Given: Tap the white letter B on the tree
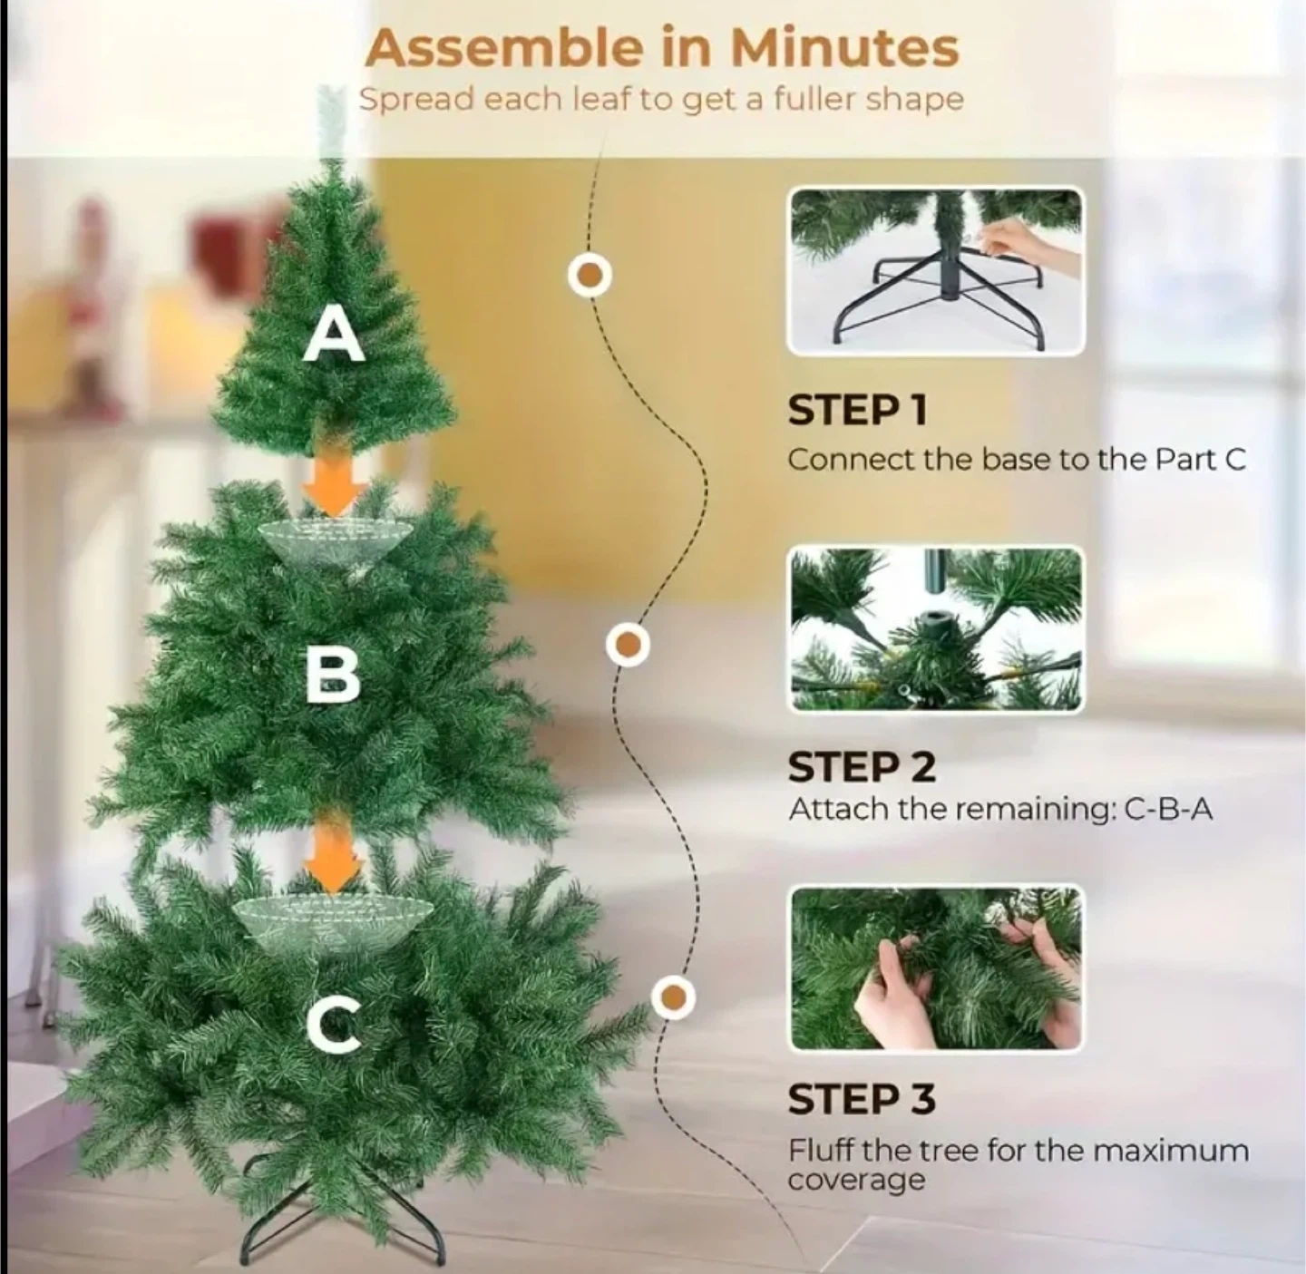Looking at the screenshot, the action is pyautogui.click(x=333, y=676).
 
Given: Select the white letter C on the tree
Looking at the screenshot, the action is pyautogui.click(x=334, y=1023).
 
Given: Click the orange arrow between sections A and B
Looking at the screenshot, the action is pyautogui.click(x=335, y=487).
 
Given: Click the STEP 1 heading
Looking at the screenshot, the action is pyautogui.click(x=857, y=410).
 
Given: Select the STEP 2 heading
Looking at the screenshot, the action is pyautogui.click(x=862, y=767).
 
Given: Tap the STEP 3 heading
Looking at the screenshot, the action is pyautogui.click(x=862, y=1099).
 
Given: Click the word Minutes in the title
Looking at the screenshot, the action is pyautogui.click(x=844, y=48).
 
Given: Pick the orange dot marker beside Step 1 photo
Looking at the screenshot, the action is pyautogui.click(x=590, y=275).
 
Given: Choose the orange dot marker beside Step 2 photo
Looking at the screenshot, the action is pyautogui.click(x=628, y=645).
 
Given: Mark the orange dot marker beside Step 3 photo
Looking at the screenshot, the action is pyautogui.click(x=673, y=997).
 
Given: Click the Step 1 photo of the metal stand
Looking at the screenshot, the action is pyautogui.click(x=936, y=271).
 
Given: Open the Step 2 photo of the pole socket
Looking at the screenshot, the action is pyautogui.click(x=936, y=629).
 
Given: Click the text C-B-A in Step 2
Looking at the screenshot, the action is pyautogui.click(x=1168, y=810).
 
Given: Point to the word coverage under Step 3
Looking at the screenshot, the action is pyautogui.click(x=856, y=1180).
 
